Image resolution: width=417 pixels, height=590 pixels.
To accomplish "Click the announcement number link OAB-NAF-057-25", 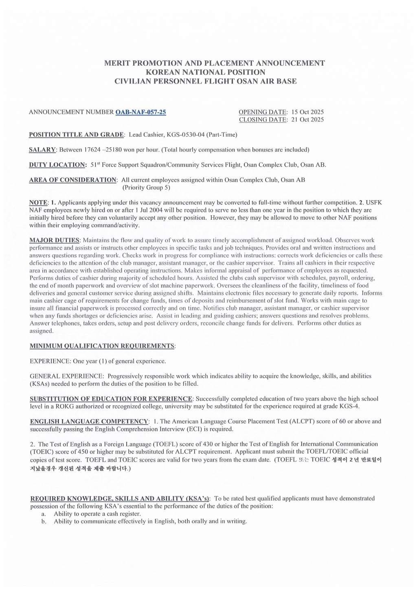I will pos(140,112).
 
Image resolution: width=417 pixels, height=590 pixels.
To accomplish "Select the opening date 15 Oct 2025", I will pos(307,112).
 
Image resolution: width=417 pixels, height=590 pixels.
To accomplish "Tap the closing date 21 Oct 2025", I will pos(307,119).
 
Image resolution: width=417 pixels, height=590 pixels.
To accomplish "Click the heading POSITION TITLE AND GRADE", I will pos(77,135).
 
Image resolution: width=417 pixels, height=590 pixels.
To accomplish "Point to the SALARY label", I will pos(42,150).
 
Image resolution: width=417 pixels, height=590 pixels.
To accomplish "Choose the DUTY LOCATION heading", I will pos(57,165).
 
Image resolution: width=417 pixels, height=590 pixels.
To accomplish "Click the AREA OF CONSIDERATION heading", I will pos(73,180).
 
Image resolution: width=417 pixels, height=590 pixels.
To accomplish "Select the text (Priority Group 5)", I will pos(146,188).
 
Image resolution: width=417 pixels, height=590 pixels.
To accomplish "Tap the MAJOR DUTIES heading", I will pos(55,240).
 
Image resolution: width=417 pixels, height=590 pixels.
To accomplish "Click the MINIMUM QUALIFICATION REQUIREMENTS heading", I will pos(102,346).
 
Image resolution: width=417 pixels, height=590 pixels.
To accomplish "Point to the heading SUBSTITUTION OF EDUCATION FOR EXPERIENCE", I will pos(111,399).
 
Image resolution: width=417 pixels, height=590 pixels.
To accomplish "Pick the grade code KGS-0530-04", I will pos(186,135).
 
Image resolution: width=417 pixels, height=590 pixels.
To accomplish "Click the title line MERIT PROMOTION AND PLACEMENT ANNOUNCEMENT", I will pos(215,63).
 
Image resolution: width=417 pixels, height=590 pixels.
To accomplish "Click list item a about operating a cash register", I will pos(97,514).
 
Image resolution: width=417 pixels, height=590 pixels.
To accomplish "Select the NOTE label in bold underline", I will pos(38,203).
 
